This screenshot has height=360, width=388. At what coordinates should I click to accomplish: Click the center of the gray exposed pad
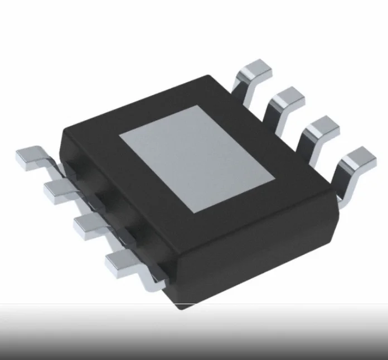tap(198, 159)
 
